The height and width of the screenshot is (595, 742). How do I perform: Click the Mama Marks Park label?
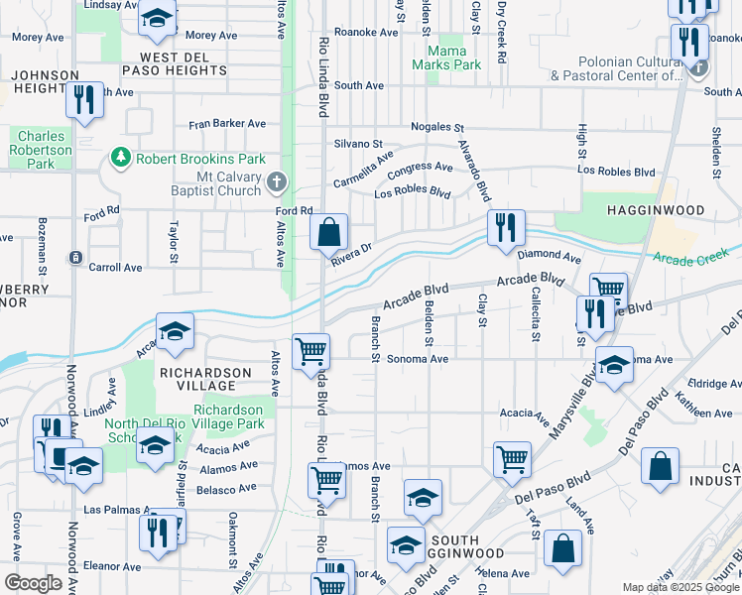[452, 58]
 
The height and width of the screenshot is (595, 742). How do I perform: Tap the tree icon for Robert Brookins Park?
[121, 158]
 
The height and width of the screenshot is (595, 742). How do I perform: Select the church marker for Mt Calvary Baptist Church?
[276, 183]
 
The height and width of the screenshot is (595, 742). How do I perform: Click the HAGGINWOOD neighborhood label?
[656, 211]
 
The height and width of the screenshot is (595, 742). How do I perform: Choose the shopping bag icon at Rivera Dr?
[329, 234]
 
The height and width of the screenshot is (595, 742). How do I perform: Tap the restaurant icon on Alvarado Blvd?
[506, 227]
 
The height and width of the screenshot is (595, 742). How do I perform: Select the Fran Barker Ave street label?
[228, 124]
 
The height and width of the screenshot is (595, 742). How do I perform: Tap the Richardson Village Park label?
[229, 416]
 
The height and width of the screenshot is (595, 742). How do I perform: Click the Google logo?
[34, 583]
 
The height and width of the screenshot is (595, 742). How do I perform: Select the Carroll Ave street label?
[116, 268]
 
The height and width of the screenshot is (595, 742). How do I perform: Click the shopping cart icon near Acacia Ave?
[512, 458]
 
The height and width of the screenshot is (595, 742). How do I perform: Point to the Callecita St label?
[535, 313]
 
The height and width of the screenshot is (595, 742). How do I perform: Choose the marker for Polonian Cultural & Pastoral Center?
[700, 68]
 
